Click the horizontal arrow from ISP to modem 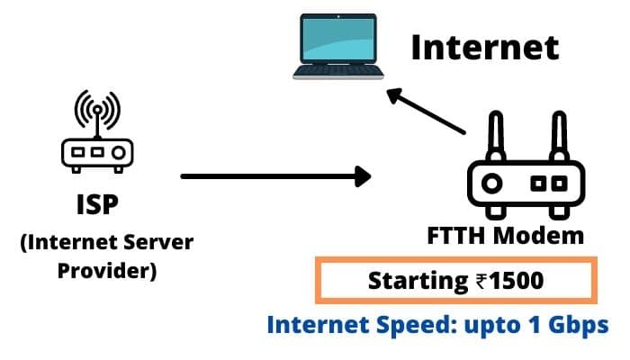point(275,176)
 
